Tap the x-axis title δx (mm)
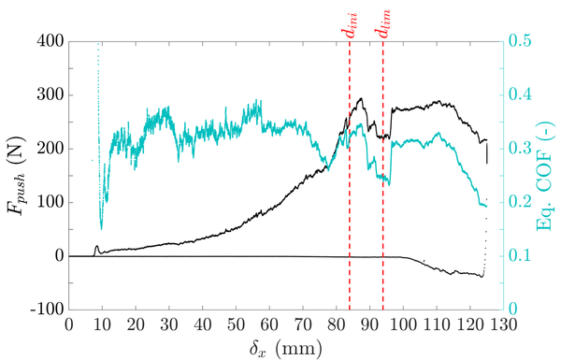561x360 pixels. [286, 347]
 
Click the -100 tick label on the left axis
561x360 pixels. [44, 310]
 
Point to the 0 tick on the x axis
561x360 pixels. [69, 323]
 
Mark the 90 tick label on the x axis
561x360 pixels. [369, 323]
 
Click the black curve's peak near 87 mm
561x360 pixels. [361, 98]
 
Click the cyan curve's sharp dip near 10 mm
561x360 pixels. [102, 227]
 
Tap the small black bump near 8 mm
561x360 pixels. [96, 247]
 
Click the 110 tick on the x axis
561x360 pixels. [437, 323]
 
